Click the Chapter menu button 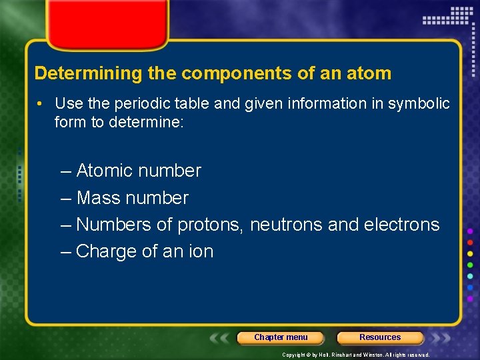pyautogui.click(x=281, y=337)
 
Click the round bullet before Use pyautogui.click(x=41, y=104)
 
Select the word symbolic pyautogui.click(x=418, y=104)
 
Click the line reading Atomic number pyautogui.click(x=131, y=171)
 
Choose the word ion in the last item pyautogui.click(x=200, y=251)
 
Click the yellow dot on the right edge pyautogui.click(x=470, y=254)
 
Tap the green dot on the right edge pyautogui.click(x=470, y=265)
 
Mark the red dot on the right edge pyautogui.click(x=470, y=243)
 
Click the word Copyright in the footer pyautogui.click(x=294, y=355)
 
